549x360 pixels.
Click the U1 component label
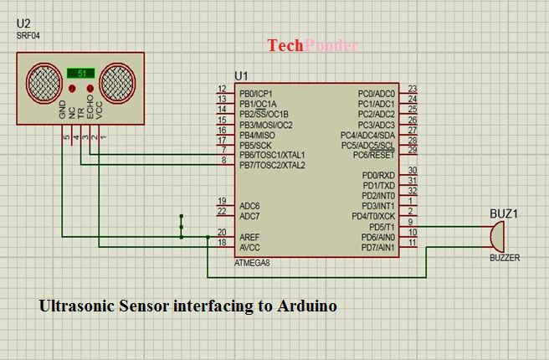tap(242, 75)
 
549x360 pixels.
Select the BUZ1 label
tap(503, 214)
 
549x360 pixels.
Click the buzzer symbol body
tap(495, 237)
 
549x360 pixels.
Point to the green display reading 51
tap(81, 73)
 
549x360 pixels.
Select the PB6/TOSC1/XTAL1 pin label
tap(272, 155)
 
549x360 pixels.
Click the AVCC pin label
tap(249, 247)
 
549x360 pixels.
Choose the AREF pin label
tap(249, 237)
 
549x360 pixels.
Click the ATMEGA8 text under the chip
tap(253, 263)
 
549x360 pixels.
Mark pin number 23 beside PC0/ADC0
tap(413, 90)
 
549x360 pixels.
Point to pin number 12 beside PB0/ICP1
tap(222, 90)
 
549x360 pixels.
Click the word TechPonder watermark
tap(312, 46)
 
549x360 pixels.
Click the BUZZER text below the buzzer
tap(505, 258)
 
